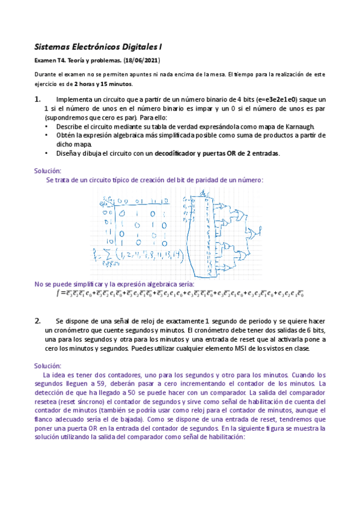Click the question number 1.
(x=37, y=99)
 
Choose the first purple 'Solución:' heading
(x=47, y=171)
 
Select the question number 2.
(x=37, y=321)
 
